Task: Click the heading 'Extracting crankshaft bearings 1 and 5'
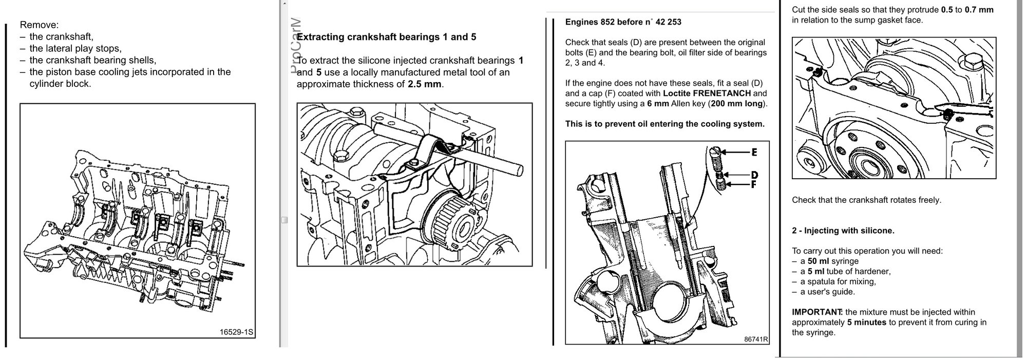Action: (x=387, y=37)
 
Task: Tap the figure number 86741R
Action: (x=755, y=339)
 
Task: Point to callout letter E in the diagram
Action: (x=754, y=152)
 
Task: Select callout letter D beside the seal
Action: (x=754, y=175)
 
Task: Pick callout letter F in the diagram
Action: (x=754, y=184)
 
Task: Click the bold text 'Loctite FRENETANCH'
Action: (x=707, y=93)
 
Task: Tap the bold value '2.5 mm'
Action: (x=425, y=84)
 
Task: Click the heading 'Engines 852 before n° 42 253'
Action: (x=623, y=22)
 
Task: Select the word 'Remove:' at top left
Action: (x=39, y=25)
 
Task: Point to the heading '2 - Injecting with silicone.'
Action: (x=843, y=231)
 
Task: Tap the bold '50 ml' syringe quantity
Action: (x=818, y=261)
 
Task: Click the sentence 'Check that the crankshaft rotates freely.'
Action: (x=866, y=200)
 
